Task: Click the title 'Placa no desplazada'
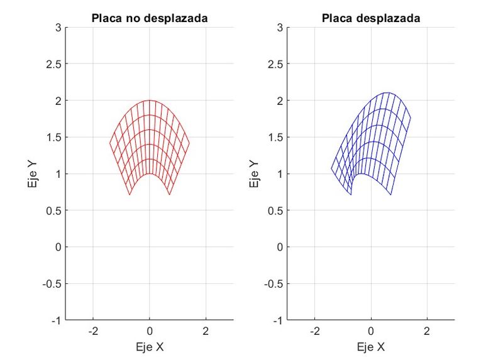point(150,19)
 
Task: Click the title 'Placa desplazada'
point(371,19)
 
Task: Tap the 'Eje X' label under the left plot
point(150,346)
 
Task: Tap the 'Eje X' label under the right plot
point(371,346)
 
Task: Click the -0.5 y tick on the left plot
point(51,283)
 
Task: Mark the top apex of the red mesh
point(150,101)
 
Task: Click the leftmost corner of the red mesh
point(110,143)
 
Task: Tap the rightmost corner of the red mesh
point(189,143)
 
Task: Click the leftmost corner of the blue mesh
point(331,168)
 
